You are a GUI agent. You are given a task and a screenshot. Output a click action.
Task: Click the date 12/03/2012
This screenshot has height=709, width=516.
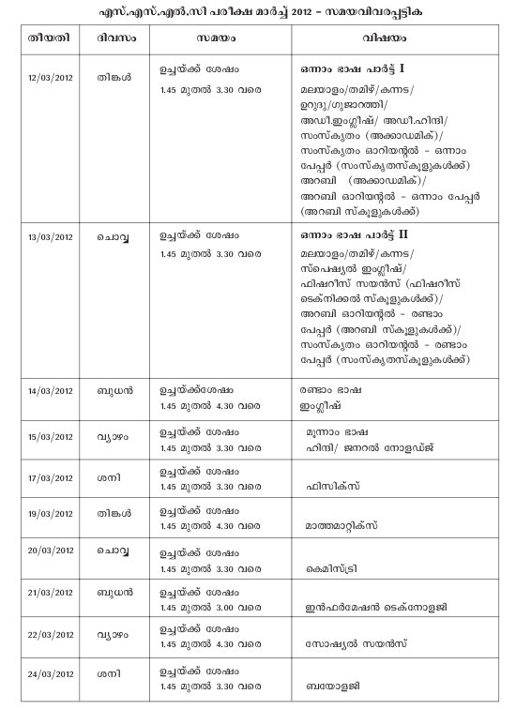point(51,75)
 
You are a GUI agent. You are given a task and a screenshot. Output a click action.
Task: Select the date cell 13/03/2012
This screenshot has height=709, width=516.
point(51,236)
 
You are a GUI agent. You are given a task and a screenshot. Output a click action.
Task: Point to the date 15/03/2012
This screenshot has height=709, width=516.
point(51,436)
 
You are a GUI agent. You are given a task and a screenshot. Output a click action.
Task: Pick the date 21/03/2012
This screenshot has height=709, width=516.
point(51,596)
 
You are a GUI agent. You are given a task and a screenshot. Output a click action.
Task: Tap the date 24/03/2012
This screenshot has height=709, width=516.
point(51,673)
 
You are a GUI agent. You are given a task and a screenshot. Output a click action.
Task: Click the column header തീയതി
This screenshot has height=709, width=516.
point(50,41)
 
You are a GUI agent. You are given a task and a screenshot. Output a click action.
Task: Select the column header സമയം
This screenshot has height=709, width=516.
point(217,41)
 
